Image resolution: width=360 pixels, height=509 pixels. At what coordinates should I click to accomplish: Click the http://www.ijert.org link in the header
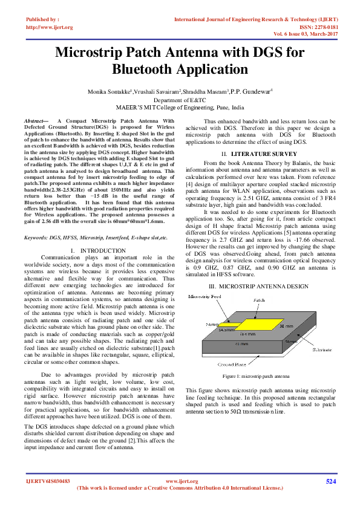pyautogui.click(x=50, y=27)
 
